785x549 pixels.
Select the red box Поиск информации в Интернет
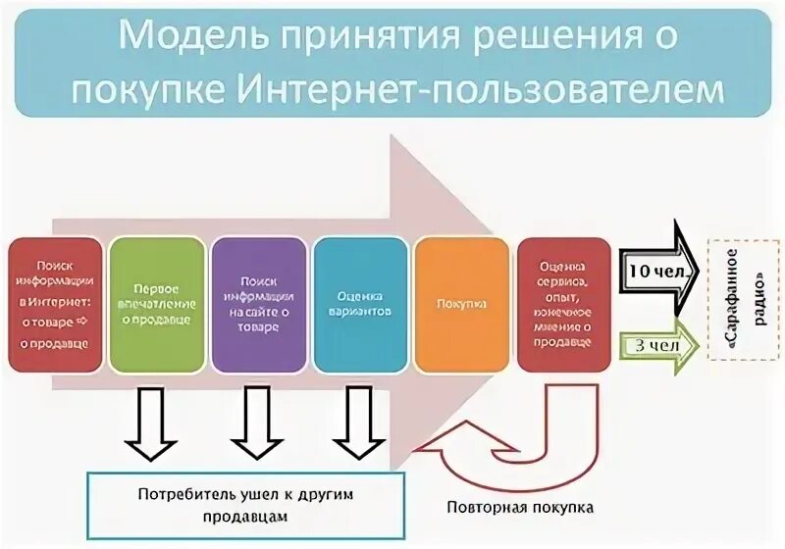click(x=55, y=304)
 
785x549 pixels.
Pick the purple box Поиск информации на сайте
click(x=259, y=304)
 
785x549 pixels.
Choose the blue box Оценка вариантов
click(x=361, y=304)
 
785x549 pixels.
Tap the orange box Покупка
click(x=462, y=304)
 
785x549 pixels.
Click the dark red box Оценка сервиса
click(x=564, y=304)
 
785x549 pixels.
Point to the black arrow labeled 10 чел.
click(x=658, y=267)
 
